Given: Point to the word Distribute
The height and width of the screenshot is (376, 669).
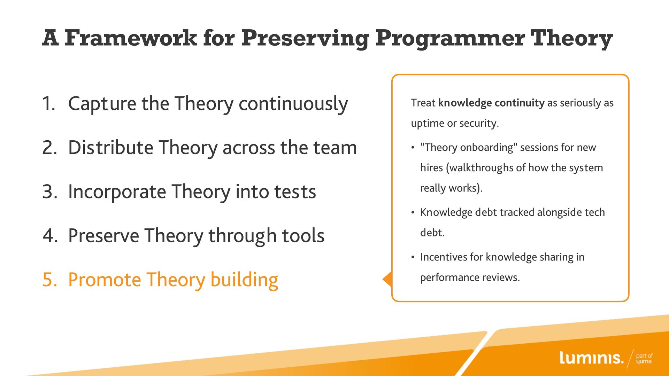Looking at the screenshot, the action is coord(110,147).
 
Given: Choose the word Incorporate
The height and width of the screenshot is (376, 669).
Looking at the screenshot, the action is coord(117,192).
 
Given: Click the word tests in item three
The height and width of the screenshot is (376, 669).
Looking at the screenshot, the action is coord(295,192).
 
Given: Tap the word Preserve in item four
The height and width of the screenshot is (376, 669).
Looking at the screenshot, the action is coord(103,236).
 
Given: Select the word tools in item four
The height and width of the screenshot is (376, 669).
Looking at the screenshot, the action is coord(303,236).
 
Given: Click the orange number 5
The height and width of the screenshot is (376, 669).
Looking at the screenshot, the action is coord(49,280).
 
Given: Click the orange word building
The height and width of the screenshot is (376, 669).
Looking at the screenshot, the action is coord(244,280).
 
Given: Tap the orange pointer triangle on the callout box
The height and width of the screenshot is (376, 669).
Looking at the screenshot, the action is coord(388,279).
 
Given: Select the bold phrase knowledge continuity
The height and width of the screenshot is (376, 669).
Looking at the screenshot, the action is coord(491,103).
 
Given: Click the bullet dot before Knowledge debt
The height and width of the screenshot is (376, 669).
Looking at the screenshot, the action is coord(413,212).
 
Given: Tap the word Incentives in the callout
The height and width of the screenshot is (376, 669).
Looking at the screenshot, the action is coord(444,257).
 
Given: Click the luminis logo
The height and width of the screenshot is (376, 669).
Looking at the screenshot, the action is coord(591,358).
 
